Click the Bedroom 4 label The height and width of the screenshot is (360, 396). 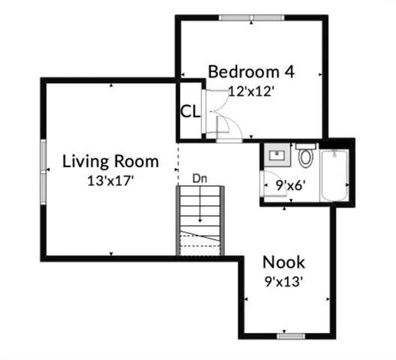coord(250,72)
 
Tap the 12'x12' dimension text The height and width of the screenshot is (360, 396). coord(252,91)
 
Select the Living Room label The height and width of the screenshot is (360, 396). coord(110,161)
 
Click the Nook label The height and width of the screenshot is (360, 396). coord(283,262)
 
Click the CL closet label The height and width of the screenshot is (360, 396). coord(190,112)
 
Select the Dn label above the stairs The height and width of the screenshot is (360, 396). coord(199,178)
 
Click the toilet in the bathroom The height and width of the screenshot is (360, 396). coord(305,156)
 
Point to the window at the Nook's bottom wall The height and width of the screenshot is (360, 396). coord(289,336)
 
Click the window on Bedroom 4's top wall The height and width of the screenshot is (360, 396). coord(251,17)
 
